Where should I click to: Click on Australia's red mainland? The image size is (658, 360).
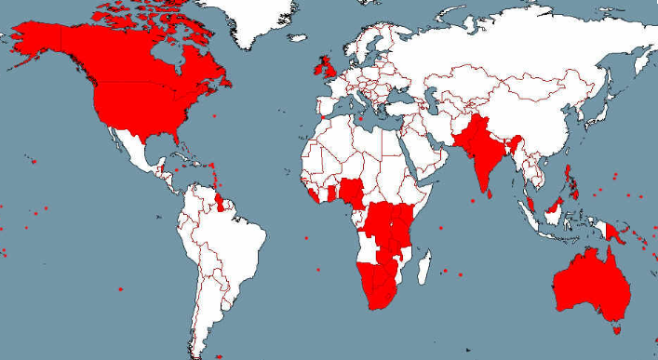point(591,284)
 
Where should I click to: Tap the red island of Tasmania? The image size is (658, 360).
point(615,327)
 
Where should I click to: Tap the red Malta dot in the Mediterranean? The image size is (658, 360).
point(362,119)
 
